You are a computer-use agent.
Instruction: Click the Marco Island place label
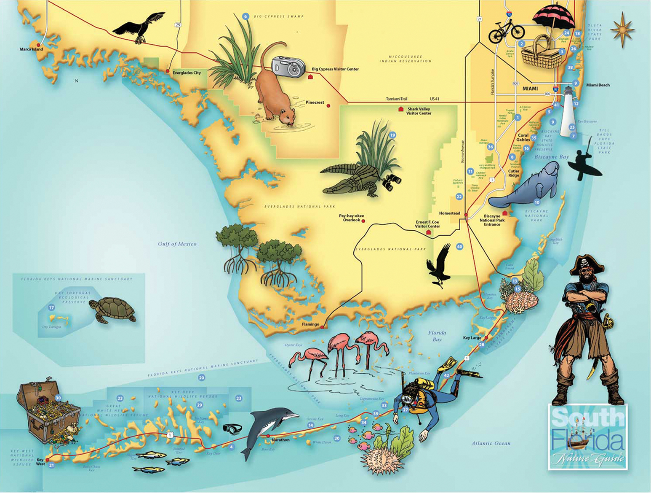[31, 49]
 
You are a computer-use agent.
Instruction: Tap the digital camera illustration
[288, 66]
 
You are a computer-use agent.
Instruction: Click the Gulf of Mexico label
[177, 244]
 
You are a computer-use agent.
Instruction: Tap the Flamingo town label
[310, 324]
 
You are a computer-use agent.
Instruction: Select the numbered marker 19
[392, 135]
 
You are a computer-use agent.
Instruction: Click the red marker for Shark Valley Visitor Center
[401, 109]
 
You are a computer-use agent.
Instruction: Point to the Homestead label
[449, 213]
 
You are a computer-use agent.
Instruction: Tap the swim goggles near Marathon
[232, 429]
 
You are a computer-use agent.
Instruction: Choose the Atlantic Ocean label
[491, 443]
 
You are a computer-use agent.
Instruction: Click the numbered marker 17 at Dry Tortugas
[51, 307]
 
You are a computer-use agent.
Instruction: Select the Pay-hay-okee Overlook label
[351, 218]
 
